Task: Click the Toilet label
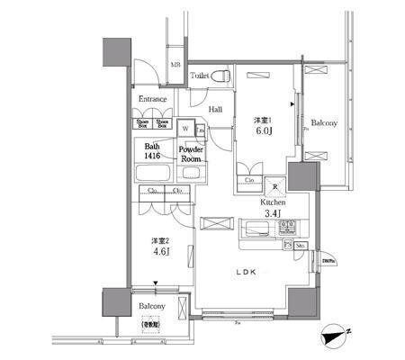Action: pos(200,77)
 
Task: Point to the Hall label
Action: pos(215,110)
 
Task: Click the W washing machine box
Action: pos(185,128)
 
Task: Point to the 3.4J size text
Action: pos(274,214)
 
